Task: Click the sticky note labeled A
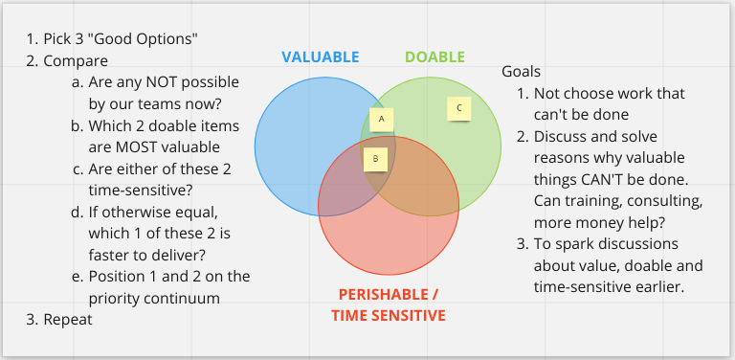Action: pos(382,119)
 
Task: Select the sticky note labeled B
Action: pos(376,157)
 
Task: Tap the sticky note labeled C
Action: pos(459,108)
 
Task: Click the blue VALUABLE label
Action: pos(321,57)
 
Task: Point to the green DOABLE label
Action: pos(434,57)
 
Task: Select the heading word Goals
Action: pos(522,72)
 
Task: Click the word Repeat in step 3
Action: pos(68,319)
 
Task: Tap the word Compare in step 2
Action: pos(76,61)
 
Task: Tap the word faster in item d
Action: pos(112,254)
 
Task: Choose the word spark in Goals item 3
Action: pos(570,242)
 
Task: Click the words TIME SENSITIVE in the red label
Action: pos(389,315)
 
